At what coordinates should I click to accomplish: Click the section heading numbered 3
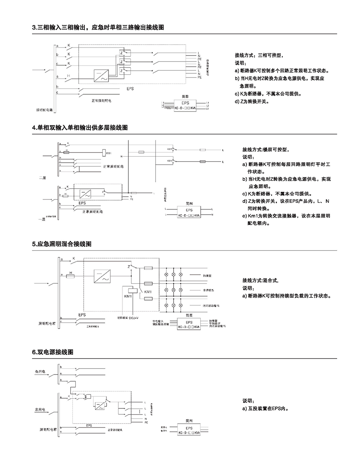pos(98,28)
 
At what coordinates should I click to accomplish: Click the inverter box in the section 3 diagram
pos(100,76)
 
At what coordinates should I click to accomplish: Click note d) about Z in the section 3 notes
pos(252,101)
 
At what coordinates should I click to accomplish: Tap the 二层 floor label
pos(42,177)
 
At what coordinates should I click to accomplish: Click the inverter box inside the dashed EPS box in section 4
pos(86,194)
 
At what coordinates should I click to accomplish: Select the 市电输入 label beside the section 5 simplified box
pos(159,321)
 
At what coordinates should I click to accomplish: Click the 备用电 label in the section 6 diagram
pos(41,371)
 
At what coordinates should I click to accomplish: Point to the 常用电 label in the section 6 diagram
pos(41,410)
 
